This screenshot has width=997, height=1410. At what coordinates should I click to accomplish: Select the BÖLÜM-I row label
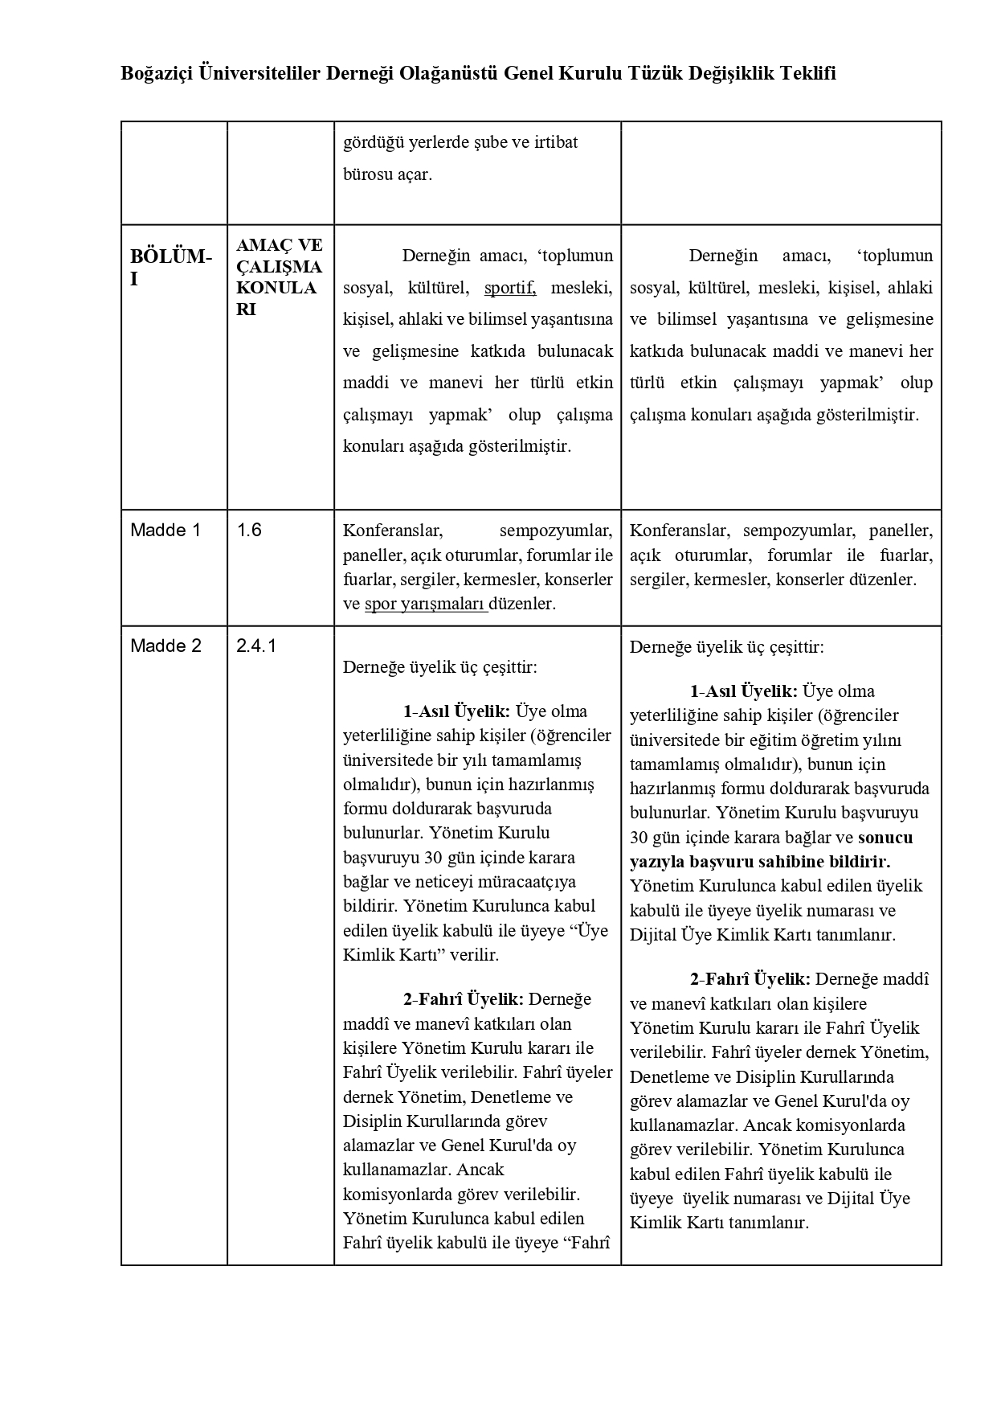(x=171, y=268)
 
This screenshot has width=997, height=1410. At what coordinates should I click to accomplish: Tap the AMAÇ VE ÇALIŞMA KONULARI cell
(x=279, y=277)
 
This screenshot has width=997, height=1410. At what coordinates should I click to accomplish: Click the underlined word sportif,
(x=509, y=288)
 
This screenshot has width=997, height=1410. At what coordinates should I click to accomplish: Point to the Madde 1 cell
(x=165, y=531)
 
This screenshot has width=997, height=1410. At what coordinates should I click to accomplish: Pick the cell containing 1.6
(x=249, y=531)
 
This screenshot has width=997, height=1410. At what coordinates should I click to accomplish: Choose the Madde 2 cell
(x=165, y=646)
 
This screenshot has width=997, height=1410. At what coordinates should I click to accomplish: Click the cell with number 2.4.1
(x=256, y=646)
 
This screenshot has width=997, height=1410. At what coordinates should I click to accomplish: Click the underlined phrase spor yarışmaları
(x=425, y=604)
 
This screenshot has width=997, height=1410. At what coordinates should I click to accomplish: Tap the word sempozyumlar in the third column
(x=555, y=531)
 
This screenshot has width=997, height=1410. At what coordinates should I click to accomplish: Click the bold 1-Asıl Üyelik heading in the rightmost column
(x=743, y=691)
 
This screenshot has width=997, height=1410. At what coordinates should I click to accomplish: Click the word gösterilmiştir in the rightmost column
(x=867, y=416)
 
